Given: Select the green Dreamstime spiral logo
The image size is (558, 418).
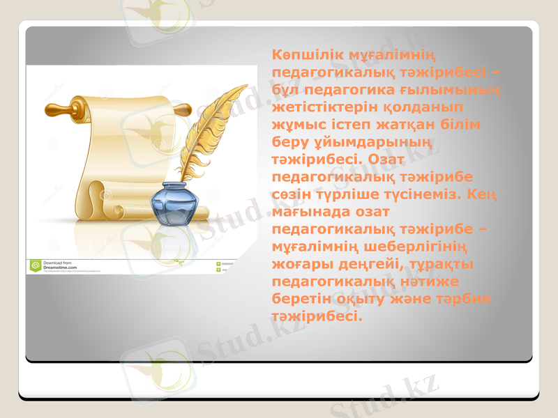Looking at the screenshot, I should click(x=35, y=265).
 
